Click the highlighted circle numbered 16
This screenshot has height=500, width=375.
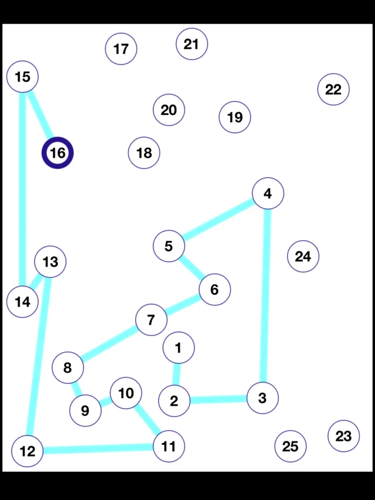click(57, 153)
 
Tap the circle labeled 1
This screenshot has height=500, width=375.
click(178, 348)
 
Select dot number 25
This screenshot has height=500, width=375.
click(290, 446)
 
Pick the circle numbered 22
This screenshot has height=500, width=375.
click(333, 90)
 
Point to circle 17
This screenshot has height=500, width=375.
click(121, 49)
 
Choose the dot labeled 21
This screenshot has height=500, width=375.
click(192, 44)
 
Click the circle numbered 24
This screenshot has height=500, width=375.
click(303, 256)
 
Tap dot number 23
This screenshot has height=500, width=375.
click(343, 436)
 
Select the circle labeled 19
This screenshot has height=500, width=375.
click(234, 117)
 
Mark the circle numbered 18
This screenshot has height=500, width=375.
click(144, 153)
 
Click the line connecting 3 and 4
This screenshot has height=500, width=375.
click(265, 295)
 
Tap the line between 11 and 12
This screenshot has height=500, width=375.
click(98, 449)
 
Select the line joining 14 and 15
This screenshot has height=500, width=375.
click(22, 189)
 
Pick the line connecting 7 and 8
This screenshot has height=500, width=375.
click(110, 344)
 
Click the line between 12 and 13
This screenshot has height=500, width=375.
click(39, 355)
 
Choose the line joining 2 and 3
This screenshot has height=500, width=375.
click(218, 400)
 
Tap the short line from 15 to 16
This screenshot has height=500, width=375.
click(40, 115)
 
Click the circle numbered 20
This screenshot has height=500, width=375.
click(169, 110)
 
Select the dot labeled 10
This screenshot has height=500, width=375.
click(126, 393)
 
